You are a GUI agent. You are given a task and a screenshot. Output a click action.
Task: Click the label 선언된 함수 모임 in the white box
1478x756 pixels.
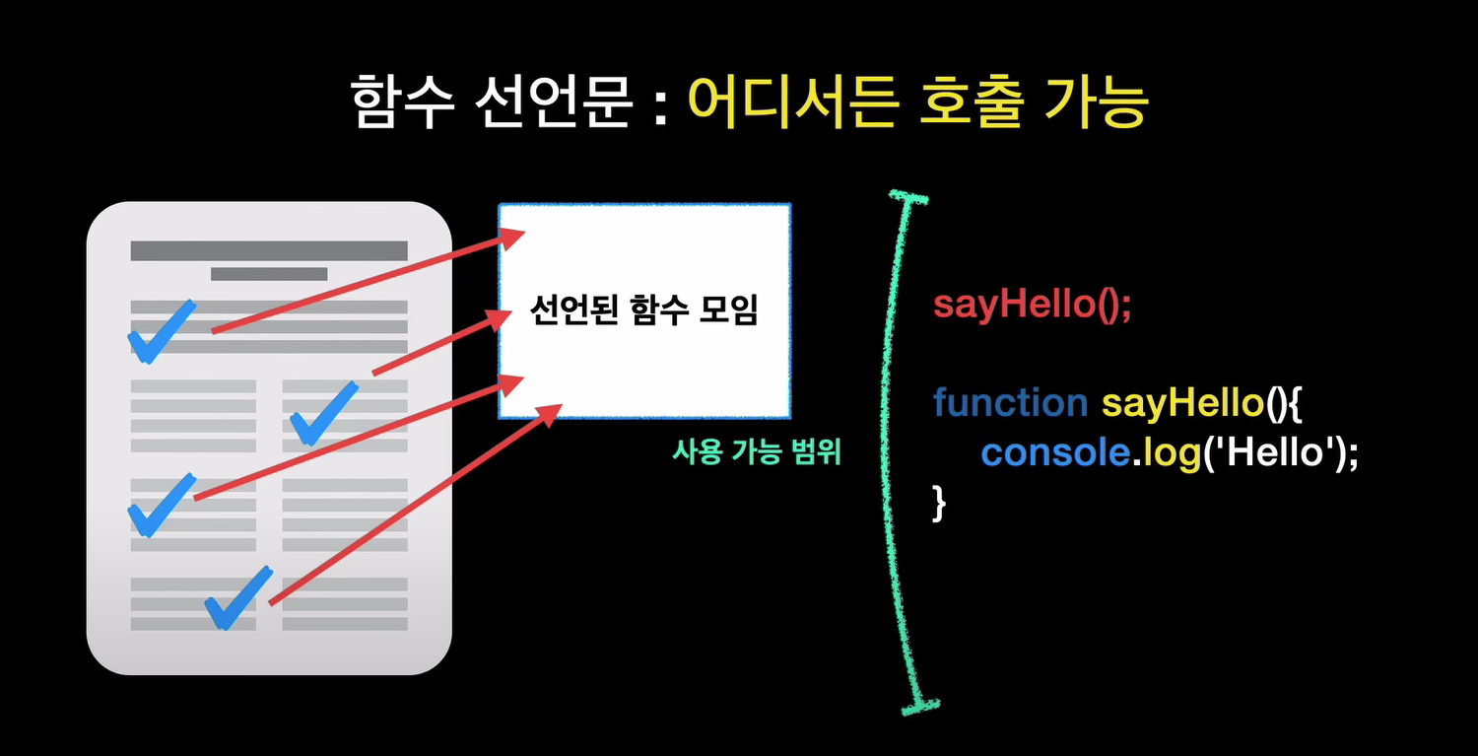pyautogui.click(x=644, y=312)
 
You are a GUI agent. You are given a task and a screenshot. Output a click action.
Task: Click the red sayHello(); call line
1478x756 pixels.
pyautogui.click(x=1032, y=304)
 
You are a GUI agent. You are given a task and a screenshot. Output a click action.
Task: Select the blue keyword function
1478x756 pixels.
pyautogui.click(x=1009, y=402)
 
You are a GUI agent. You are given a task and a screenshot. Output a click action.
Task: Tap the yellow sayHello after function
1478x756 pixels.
pyautogui.click(x=1181, y=402)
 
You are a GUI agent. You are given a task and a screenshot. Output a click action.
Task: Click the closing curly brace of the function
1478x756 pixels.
pyautogui.click(x=938, y=503)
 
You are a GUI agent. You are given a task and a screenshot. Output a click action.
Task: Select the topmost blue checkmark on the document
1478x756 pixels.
pyautogui.click(x=161, y=331)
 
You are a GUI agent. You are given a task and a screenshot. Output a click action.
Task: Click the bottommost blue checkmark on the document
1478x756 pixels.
pyautogui.click(x=236, y=598)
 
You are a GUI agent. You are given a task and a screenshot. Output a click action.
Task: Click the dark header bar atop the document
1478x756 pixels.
pyautogui.click(x=268, y=250)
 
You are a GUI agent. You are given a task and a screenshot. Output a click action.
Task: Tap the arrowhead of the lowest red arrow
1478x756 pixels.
pyautogui.click(x=552, y=412)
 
